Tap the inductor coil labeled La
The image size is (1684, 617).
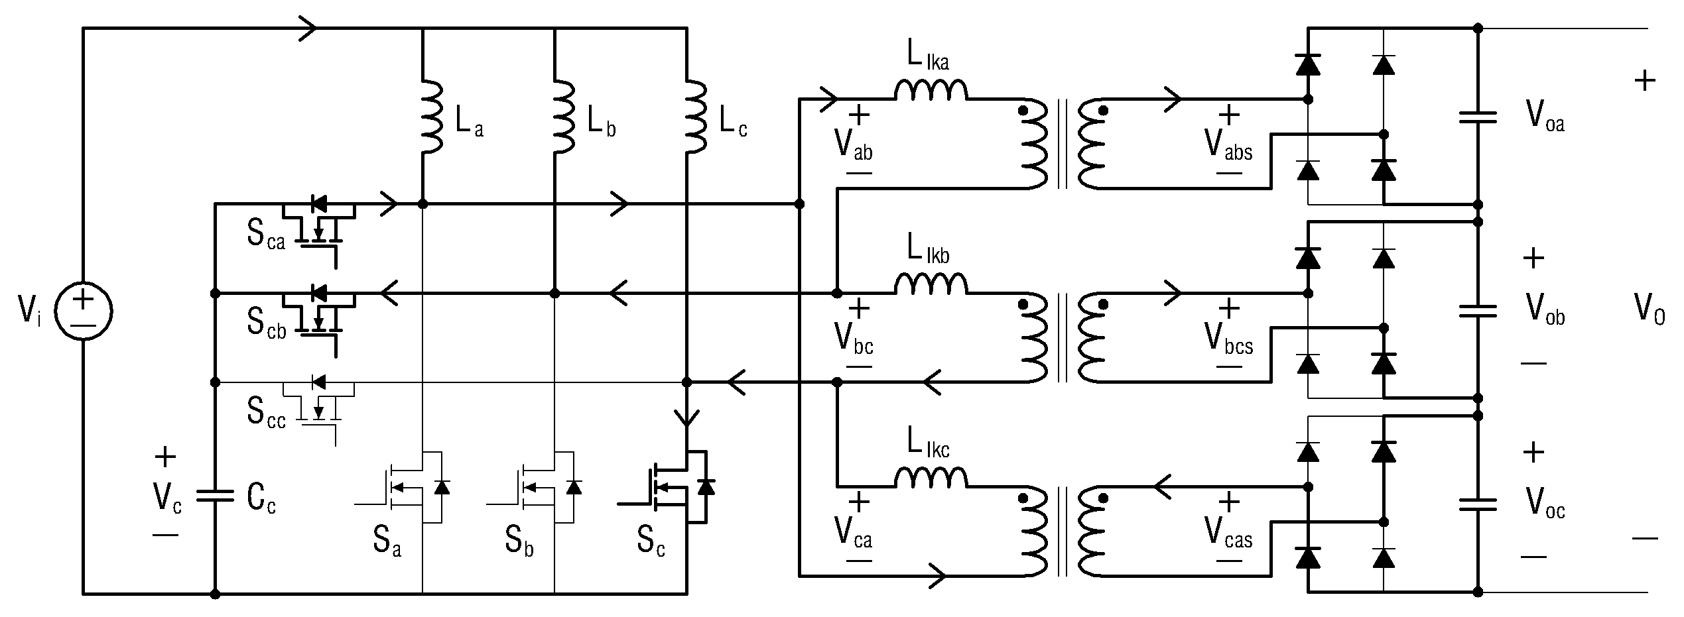coord(432,117)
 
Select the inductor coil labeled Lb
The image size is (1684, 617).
coord(564,117)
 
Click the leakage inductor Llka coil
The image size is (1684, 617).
coord(931,90)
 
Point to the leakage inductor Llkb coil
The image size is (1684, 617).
coord(931,284)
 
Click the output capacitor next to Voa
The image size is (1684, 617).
coord(1478,118)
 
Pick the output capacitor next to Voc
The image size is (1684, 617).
coord(1478,505)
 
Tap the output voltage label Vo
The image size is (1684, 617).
coord(1650,309)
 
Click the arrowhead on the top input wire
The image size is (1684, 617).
coord(308,28)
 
